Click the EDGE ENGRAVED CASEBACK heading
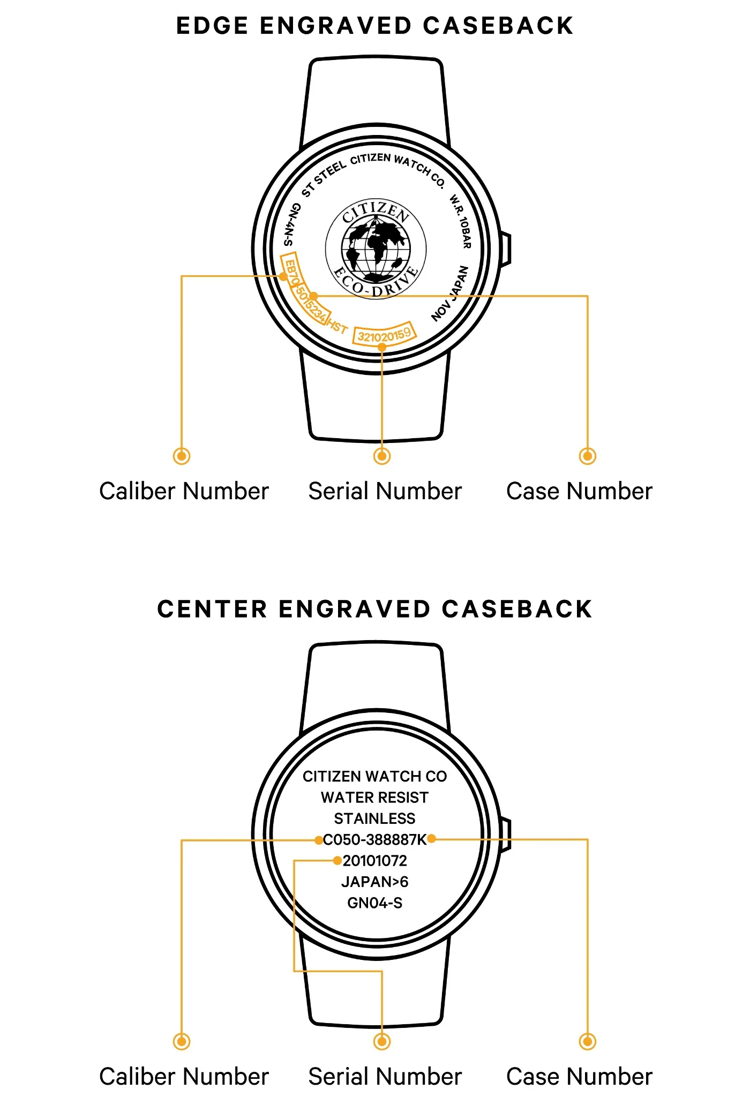(x=375, y=26)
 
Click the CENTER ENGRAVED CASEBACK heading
(x=375, y=610)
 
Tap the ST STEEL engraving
(x=324, y=179)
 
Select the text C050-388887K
(x=374, y=839)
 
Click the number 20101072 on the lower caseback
(x=375, y=861)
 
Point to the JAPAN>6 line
(x=374, y=882)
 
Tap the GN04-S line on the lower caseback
(x=374, y=903)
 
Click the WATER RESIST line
(x=374, y=798)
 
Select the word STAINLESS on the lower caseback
(x=374, y=818)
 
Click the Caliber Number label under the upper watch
(x=184, y=491)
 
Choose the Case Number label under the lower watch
(x=580, y=1077)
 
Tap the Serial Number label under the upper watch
(x=385, y=491)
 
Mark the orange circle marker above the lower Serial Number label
(x=382, y=1041)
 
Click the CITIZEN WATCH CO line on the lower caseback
(x=374, y=777)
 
